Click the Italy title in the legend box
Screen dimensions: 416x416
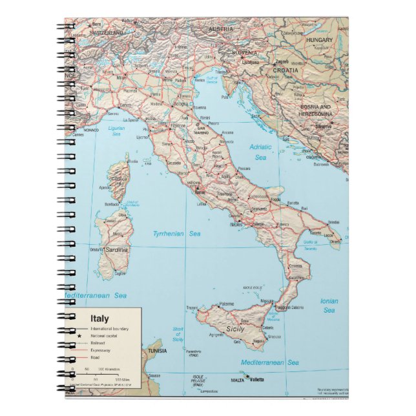[99, 318]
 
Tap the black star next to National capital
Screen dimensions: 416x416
[79, 337]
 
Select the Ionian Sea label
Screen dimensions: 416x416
[329, 306]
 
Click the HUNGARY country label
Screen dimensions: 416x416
[320, 40]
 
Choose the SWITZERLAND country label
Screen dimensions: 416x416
[107, 32]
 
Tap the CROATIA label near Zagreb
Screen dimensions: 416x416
[287, 69]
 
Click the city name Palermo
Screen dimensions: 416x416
[226, 303]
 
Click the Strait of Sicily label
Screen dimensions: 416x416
[178, 334]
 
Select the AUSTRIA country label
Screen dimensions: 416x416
[220, 29]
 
